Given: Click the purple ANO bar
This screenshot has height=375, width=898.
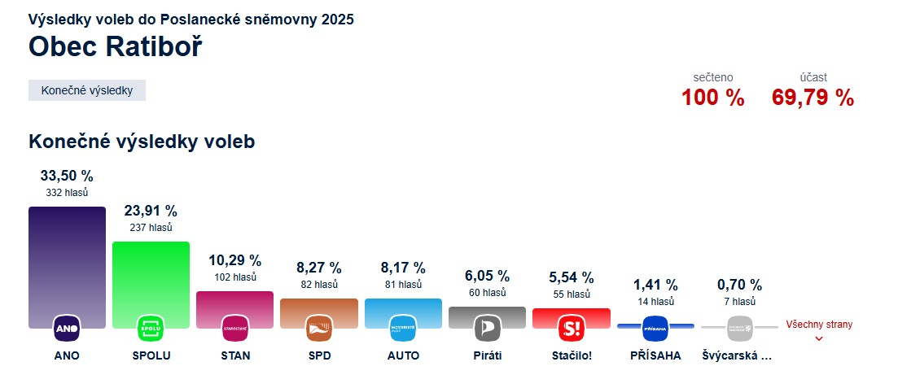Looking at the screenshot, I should pos(67,260).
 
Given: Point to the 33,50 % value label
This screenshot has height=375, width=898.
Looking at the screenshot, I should pos(67,176).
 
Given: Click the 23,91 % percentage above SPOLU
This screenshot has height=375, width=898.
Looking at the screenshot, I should pos(151,211).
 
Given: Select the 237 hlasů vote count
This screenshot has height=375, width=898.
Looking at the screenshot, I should pos(151,228).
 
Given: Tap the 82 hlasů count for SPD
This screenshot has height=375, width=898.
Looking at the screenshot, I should pos(318,285).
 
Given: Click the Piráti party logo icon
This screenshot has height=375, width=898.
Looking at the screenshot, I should pos(487,329).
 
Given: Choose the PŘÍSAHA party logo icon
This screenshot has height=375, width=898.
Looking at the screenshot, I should pos(655,329).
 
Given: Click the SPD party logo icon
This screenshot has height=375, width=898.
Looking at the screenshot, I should pos(318,329).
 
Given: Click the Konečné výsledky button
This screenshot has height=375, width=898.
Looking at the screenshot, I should pos(87,90).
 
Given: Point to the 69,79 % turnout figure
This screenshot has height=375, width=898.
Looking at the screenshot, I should pos(813,98).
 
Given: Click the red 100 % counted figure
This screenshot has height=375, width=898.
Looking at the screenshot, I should pos(712,98).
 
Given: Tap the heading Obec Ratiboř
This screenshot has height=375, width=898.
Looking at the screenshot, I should pos(115,47).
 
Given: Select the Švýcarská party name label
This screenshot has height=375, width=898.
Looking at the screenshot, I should pos(737,356).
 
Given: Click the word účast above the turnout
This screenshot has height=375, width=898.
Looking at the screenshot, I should pos(813,77).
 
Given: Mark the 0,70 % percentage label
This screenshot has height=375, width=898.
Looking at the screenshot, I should pos(739,285).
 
